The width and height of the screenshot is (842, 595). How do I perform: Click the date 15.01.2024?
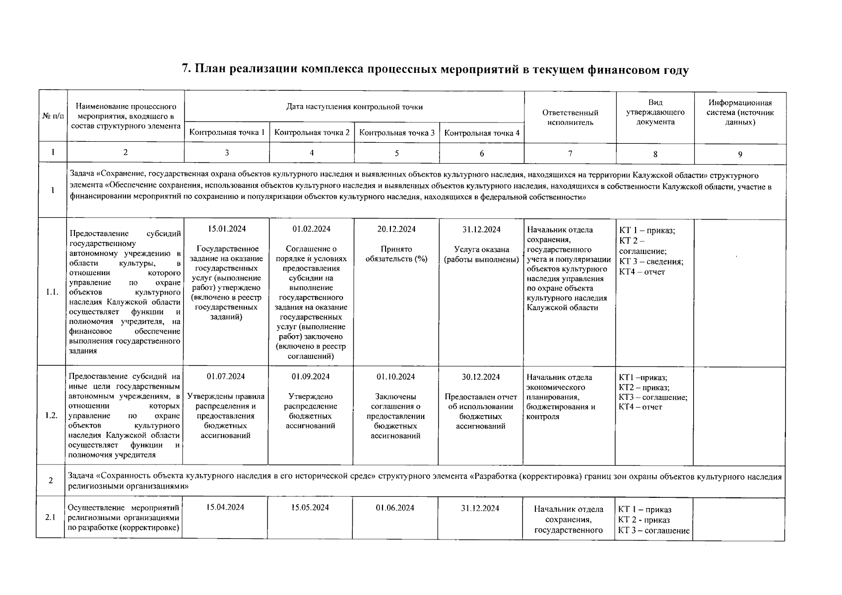[226, 229]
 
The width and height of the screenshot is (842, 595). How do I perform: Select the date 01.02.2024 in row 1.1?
[311, 229]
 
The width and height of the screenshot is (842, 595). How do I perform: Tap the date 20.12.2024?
[396, 229]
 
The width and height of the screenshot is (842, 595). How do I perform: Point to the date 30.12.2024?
[481, 377]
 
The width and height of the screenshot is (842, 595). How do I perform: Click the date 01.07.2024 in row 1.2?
[226, 376]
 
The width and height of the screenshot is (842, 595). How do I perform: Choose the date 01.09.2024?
[311, 376]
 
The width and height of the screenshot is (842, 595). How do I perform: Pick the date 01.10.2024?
[395, 377]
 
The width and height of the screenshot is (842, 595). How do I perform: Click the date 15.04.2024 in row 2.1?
[225, 507]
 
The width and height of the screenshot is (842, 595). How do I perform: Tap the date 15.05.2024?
[310, 507]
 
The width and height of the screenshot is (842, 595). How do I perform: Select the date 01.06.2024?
[395, 508]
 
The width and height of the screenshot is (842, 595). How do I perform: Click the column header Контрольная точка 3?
[396, 133]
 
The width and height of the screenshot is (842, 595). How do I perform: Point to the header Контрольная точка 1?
[227, 132]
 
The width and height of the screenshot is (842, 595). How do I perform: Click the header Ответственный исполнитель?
[570, 118]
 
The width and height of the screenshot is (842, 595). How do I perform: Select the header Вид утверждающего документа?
[655, 112]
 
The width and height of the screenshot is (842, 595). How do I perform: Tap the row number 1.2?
[52, 416]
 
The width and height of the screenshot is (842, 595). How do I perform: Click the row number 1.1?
[52, 292]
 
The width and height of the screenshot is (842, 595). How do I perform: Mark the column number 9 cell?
[740, 154]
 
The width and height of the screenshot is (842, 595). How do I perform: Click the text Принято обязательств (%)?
[396, 254]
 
